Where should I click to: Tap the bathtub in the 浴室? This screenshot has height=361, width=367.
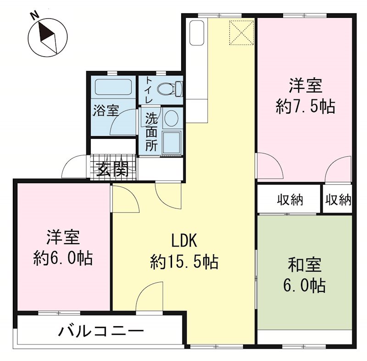[113, 88]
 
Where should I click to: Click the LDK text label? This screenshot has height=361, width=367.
[183, 240]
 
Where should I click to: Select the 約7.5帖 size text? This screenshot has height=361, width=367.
[305, 107]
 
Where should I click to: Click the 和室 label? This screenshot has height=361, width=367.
[305, 265]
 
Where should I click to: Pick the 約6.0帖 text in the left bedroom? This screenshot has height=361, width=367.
[63, 259]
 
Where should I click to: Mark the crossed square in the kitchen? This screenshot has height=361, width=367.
[241, 33]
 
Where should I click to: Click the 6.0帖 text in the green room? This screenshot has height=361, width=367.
[305, 286]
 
